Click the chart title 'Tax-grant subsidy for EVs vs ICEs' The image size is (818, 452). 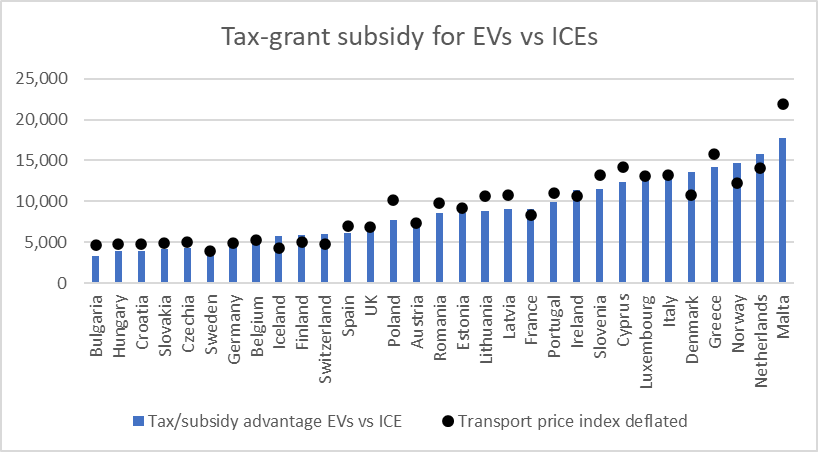tap(408, 38)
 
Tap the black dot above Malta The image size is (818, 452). tap(783, 104)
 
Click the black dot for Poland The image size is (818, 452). tap(393, 200)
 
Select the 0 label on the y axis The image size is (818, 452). tap(61, 283)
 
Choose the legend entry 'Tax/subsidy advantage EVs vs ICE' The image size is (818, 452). tap(266, 421)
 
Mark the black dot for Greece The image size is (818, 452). tap(714, 154)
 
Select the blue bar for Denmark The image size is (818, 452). tap(691, 228)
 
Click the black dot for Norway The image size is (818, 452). tap(737, 183)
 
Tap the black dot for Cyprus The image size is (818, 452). tap(622, 167)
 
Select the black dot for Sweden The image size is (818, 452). tap(210, 251)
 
